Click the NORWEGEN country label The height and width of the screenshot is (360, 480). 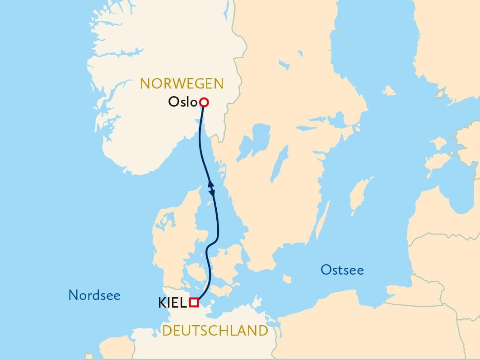point(182,84)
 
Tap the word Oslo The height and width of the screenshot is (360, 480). point(183,102)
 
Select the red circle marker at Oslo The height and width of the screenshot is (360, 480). point(204,103)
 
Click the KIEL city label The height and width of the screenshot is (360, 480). point(172,303)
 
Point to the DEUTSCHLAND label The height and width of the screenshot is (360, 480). point(215,331)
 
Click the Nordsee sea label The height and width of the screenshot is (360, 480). point(94,295)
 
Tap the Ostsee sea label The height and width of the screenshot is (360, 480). point(342,270)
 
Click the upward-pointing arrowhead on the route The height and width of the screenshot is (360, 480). point(210,183)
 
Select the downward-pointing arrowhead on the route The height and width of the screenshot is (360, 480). point(213,193)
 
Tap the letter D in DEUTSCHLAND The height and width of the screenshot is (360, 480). point(167,331)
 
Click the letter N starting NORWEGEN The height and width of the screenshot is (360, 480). point(145,84)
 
